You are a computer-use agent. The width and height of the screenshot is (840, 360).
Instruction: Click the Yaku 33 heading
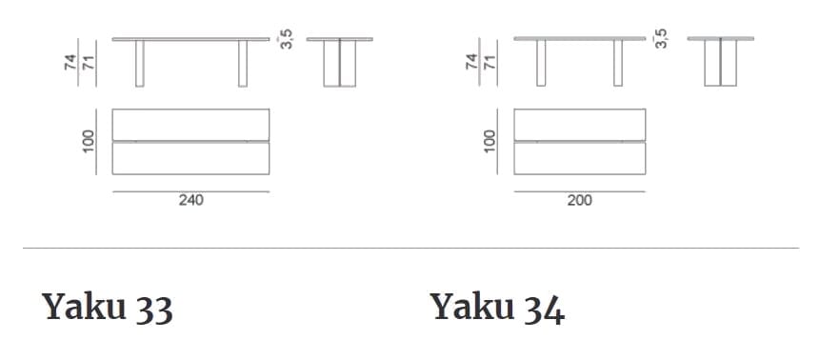click(x=107, y=307)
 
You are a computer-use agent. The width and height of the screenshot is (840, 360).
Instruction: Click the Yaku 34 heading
click(x=497, y=307)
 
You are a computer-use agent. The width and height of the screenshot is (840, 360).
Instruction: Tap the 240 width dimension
click(x=190, y=201)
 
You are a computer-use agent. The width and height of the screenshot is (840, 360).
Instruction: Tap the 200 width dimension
click(x=579, y=201)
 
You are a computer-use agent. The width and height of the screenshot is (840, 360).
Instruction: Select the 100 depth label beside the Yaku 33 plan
click(x=90, y=142)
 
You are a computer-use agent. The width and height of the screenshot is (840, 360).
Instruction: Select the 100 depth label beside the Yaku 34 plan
click(x=490, y=142)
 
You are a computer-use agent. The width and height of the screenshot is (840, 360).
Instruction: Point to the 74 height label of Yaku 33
click(x=70, y=63)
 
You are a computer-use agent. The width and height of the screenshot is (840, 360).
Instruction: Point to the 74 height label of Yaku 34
click(x=471, y=63)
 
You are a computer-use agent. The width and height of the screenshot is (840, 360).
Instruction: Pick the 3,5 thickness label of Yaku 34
click(x=663, y=38)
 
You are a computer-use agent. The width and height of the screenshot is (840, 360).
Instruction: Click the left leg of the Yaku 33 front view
click(x=139, y=64)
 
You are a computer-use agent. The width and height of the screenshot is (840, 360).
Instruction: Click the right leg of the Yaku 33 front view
click(x=242, y=64)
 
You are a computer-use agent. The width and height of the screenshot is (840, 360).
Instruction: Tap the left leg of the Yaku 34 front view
click(x=541, y=64)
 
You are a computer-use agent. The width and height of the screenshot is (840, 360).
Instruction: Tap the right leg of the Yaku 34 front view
click(x=617, y=64)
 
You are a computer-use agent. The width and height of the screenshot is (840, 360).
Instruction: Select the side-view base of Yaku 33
click(x=339, y=64)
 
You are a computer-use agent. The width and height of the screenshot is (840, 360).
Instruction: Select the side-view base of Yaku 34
click(x=721, y=64)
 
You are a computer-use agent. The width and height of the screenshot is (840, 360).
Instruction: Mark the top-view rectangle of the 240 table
click(x=190, y=142)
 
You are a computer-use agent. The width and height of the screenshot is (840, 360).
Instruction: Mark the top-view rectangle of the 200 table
click(x=579, y=142)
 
